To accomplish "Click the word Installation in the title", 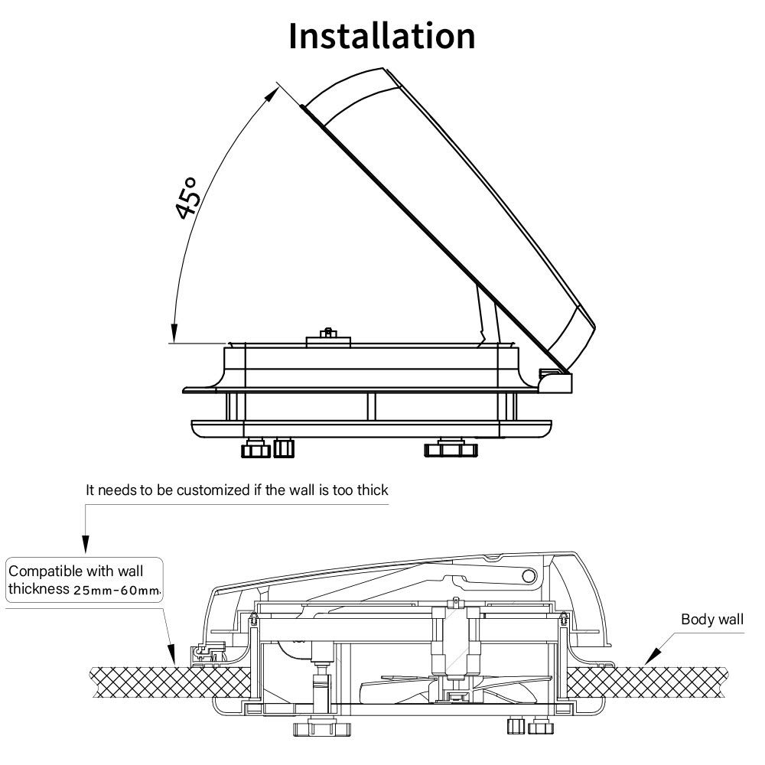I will click(382, 36).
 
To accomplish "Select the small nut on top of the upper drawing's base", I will click(327, 334).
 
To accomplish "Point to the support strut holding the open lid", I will click(484, 314).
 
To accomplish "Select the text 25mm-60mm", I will click(116, 590).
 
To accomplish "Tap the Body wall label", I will click(711, 619).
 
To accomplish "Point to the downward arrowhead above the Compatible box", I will click(85, 546).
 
